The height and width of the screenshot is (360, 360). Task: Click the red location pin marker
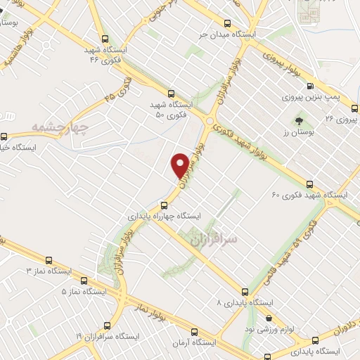click(180, 164)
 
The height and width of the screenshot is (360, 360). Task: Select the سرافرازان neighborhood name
click(214, 240)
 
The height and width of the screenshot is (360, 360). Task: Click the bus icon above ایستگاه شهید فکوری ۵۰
click(172, 93)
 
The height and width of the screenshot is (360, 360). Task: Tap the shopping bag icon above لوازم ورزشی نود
click(268, 317)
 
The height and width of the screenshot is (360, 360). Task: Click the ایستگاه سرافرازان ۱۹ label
click(88, 337)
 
